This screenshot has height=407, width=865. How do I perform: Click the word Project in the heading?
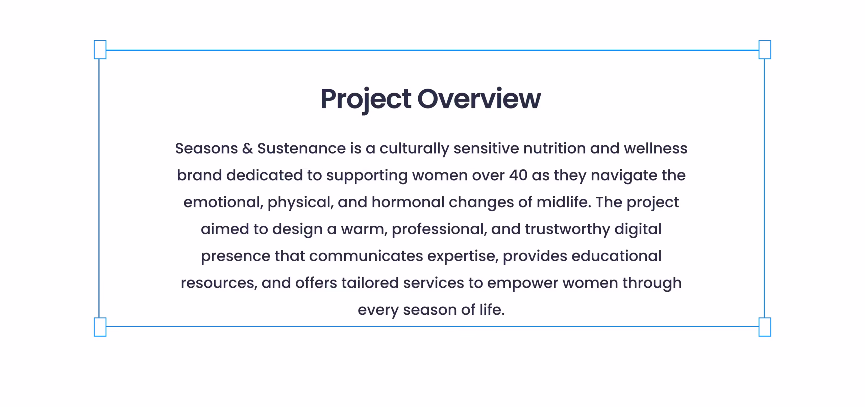366,100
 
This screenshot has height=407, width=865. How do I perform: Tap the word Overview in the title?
479,99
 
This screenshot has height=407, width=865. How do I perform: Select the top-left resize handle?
100,50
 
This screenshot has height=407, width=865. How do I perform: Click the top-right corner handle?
765,50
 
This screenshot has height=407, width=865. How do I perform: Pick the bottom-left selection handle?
100,327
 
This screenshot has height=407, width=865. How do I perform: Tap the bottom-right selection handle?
765,327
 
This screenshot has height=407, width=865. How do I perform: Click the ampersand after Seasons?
248,148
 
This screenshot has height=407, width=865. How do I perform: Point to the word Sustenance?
302,148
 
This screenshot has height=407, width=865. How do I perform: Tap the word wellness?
656,148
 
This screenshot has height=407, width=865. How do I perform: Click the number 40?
518,175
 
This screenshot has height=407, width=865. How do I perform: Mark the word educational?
616,256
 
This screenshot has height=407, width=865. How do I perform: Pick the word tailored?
370,283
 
